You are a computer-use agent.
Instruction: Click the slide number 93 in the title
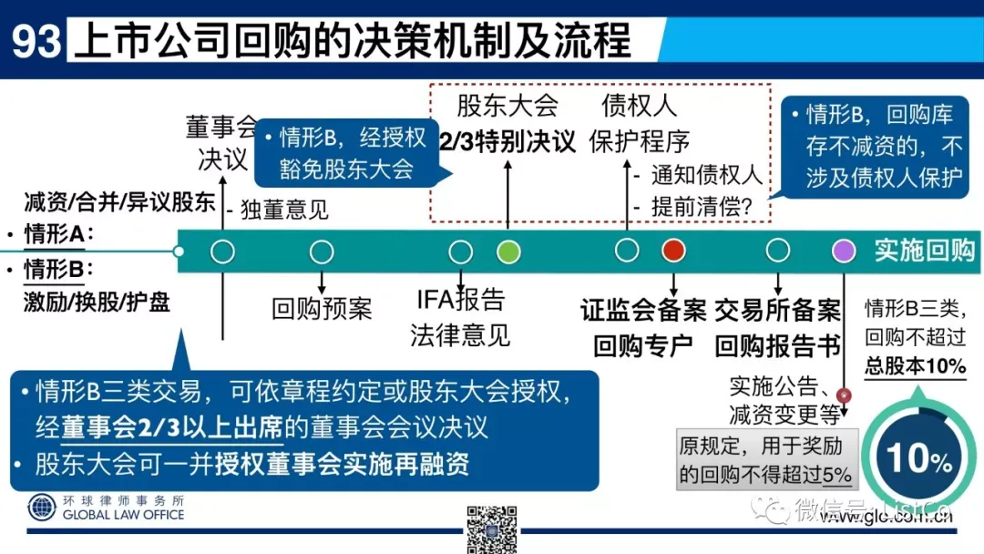coord(36,41)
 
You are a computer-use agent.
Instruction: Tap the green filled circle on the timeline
coord(508,251)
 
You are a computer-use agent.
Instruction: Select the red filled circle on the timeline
coord(673,250)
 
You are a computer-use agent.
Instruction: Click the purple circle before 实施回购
coord(844,251)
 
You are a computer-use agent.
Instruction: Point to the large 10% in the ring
coord(918,457)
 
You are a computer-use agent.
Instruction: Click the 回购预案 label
coord(322,308)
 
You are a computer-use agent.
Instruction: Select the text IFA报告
coord(460,299)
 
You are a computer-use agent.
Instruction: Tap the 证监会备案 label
coord(643,311)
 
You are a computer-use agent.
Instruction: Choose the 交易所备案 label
coord(777,311)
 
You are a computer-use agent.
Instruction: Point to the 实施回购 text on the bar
coord(924,251)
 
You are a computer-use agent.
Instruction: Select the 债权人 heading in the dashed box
coord(640,106)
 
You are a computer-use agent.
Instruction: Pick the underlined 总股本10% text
coord(915,366)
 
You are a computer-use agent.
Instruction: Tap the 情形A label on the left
coord(58,236)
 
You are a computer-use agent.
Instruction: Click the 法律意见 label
coord(460,334)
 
